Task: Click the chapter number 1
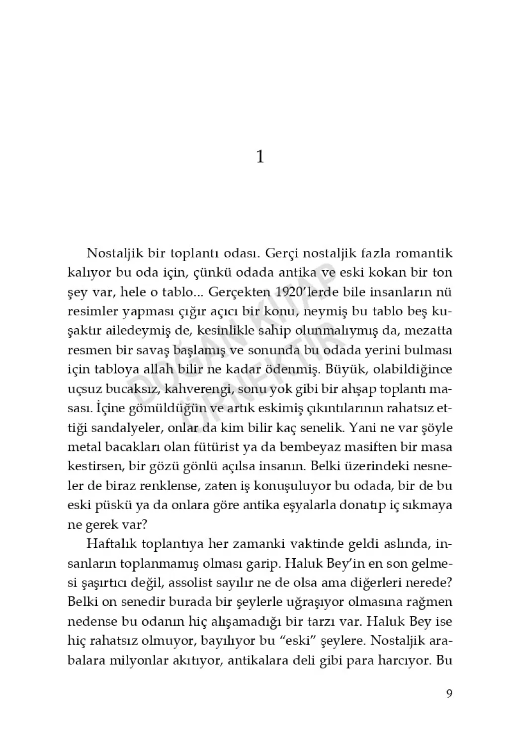point(259,157)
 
